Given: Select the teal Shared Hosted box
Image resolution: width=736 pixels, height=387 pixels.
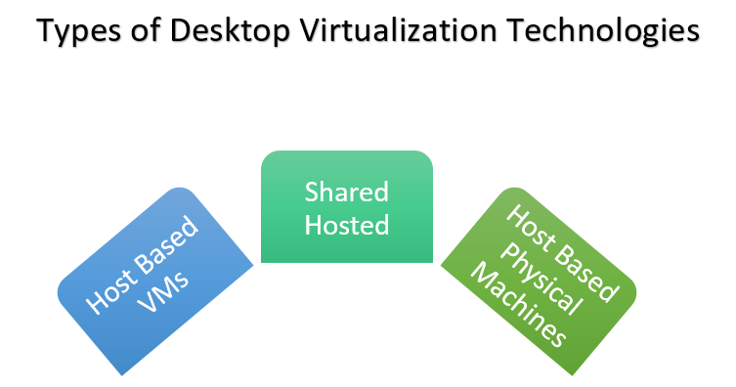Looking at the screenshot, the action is pyautogui.click(x=347, y=207).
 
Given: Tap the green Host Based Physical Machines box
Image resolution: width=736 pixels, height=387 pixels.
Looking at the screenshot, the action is pyautogui.click(x=539, y=279).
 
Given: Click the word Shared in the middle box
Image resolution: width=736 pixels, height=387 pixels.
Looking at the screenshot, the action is pyautogui.click(x=347, y=192).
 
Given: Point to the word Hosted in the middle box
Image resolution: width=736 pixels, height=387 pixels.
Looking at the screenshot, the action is pyautogui.click(x=347, y=225).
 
